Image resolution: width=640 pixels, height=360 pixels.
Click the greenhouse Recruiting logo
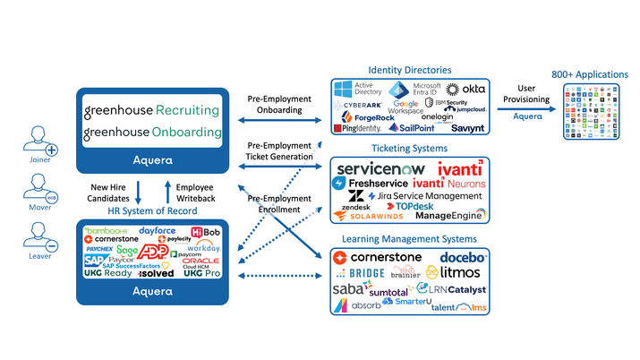point(151,110)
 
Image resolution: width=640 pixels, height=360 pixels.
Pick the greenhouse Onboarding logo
point(151,133)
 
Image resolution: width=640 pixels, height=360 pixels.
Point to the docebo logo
point(461,257)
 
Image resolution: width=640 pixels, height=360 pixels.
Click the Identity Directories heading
point(409,70)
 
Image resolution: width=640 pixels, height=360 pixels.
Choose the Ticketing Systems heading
point(408,149)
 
